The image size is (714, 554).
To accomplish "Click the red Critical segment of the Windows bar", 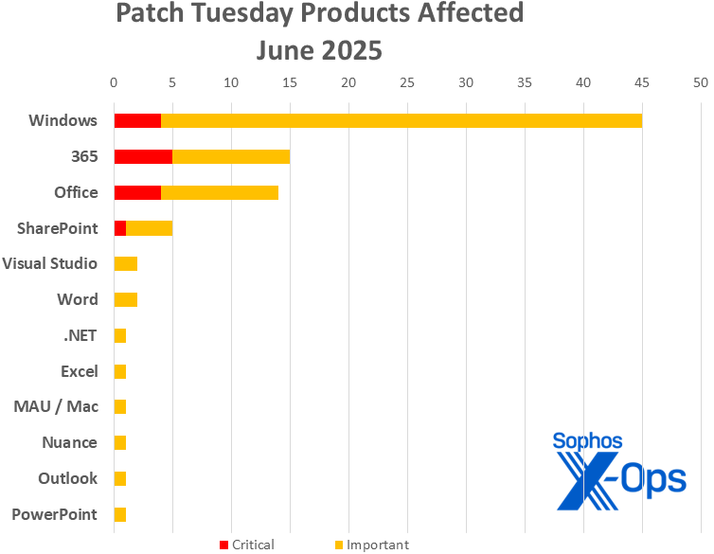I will [x=137, y=120].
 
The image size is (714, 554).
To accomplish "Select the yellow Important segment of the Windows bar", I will [x=402, y=120].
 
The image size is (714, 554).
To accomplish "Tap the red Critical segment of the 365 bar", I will [x=143, y=156].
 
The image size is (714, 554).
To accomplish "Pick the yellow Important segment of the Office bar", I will [x=220, y=192].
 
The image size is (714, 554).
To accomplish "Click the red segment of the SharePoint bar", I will [x=120, y=228].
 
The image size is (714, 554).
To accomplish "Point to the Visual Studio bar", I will [x=126, y=263].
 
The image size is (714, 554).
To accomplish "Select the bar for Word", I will [x=126, y=299].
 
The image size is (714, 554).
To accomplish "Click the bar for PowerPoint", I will [x=120, y=514].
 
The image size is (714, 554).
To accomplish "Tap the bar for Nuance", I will [x=120, y=442].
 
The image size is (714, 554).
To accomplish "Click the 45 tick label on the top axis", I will [x=642, y=82].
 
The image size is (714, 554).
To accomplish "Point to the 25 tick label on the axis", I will [x=407, y=82].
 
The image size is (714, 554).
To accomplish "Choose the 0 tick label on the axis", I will [x=115, y=82].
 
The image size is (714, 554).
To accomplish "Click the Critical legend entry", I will [x=246, y=545].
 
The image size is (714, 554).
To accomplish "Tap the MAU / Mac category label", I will [x=56, y=406].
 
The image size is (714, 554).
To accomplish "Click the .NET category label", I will [x=79, y=335].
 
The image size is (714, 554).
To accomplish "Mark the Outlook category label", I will [x=68, y=478].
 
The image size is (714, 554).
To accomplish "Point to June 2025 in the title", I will [x=319, y=49].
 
